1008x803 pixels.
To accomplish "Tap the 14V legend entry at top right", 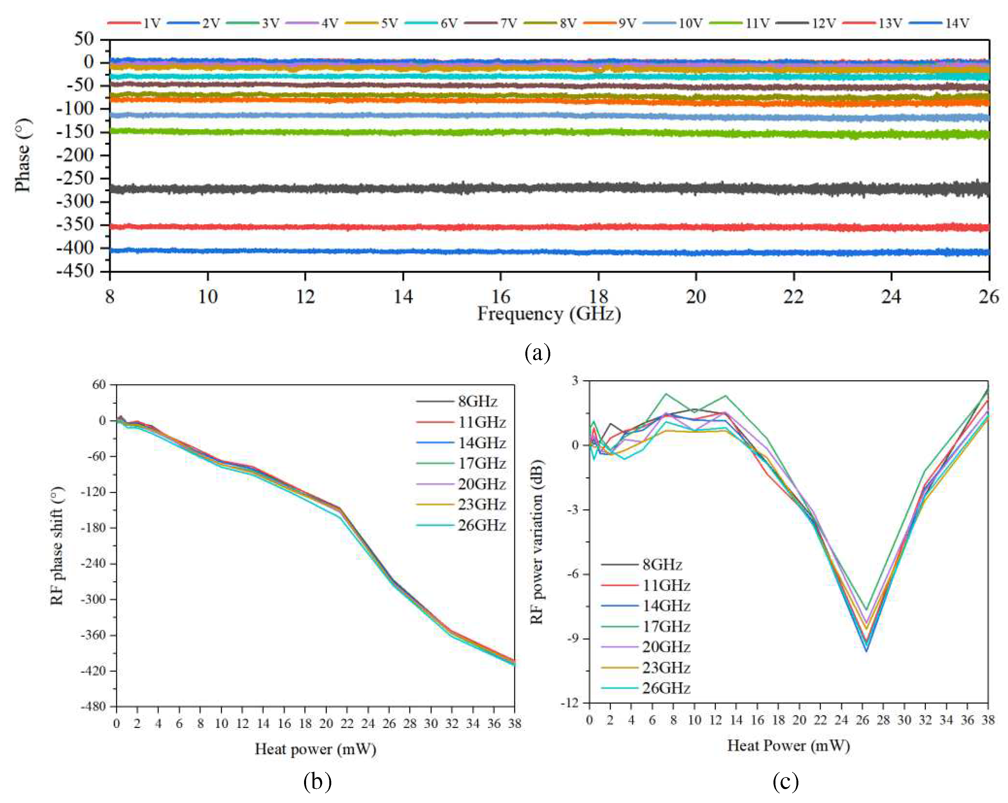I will [x=957, y=23].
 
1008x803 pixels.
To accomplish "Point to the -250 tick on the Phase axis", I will [x=75, y=179].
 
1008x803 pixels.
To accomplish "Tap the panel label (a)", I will [x=538, y=353].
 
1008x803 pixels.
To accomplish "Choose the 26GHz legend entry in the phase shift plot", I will [x=482, y=526].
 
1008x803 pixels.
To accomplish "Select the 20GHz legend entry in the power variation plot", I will [x=666, y=647].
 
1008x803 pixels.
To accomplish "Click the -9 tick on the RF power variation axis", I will [x=574, y=638].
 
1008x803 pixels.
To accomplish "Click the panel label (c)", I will [x=785, y=782].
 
